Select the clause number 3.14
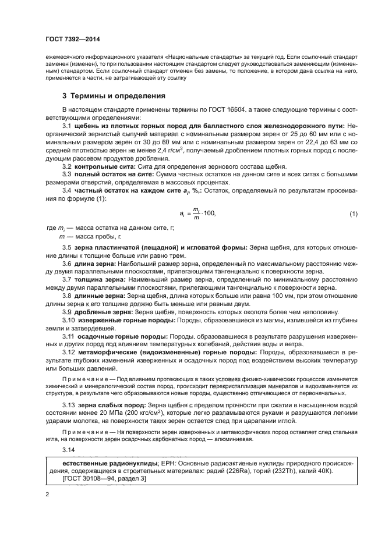[68, 450]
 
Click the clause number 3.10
[68, 320]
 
